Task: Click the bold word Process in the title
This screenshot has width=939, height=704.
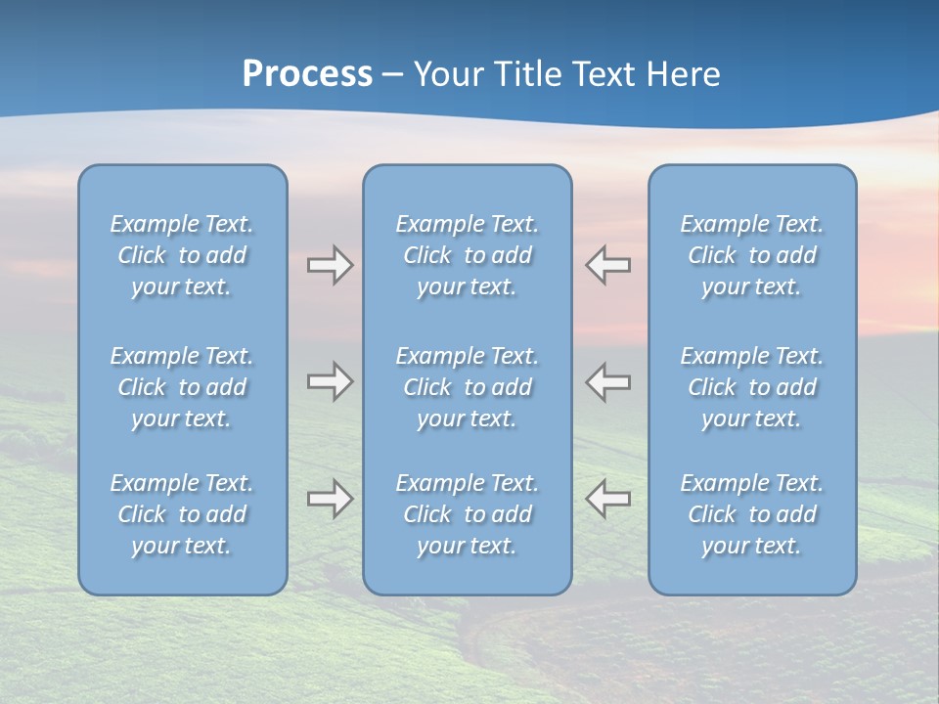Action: click(x=307, y=74)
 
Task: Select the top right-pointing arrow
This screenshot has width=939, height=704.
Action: click(x=330, y=265)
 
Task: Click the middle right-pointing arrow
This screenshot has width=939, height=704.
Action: click(x=330, y=381)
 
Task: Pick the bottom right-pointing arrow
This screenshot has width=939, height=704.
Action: click(x=330, y=499)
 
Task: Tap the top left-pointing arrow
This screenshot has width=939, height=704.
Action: click(x=608, y=265)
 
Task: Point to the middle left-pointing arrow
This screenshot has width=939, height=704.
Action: click(x=608, y=381)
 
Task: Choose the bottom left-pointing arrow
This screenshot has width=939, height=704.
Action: click(x=608, y=499)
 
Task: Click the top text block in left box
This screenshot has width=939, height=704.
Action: click(x=182, y=255)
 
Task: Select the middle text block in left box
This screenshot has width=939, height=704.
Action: click(x=182, y=387)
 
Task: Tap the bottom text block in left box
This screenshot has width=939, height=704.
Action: click(x=182, y=514)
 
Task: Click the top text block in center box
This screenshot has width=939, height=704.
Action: click(x=468, y=255)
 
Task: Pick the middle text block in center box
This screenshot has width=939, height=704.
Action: click(x=468, y=387)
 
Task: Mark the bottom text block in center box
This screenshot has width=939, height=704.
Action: click(x=468, y=514)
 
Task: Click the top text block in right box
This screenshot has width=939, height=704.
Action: click(x=752, y=255)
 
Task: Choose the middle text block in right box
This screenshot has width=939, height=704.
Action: click(x=752, y=387)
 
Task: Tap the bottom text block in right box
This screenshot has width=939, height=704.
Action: click(x=752, y=514)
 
